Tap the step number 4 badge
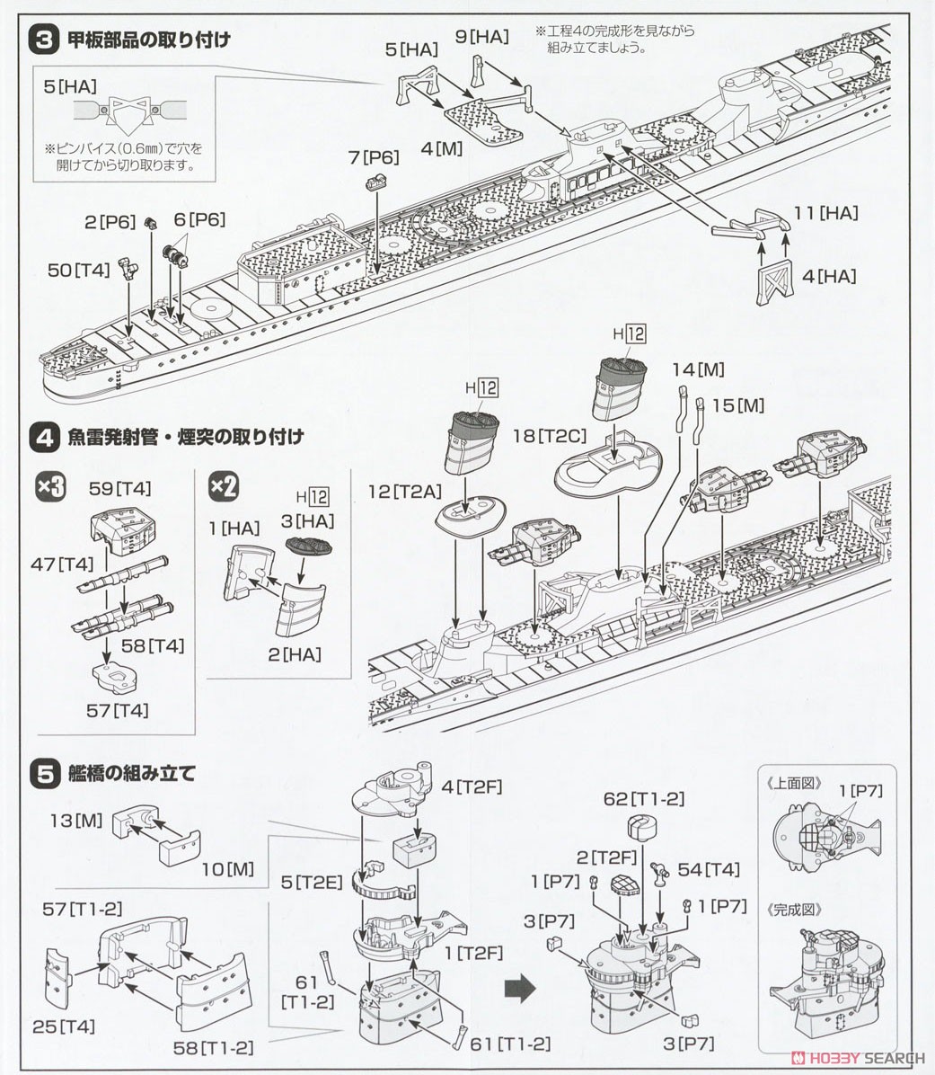coord(44,438)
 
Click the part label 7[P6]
coord(373,157)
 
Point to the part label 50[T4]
coord(79,269)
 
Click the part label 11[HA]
coord(825,213)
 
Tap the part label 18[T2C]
coord(549,436)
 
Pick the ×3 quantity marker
coord(49,488)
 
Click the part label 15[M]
coord(737,406)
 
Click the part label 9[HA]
coord(481,37)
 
